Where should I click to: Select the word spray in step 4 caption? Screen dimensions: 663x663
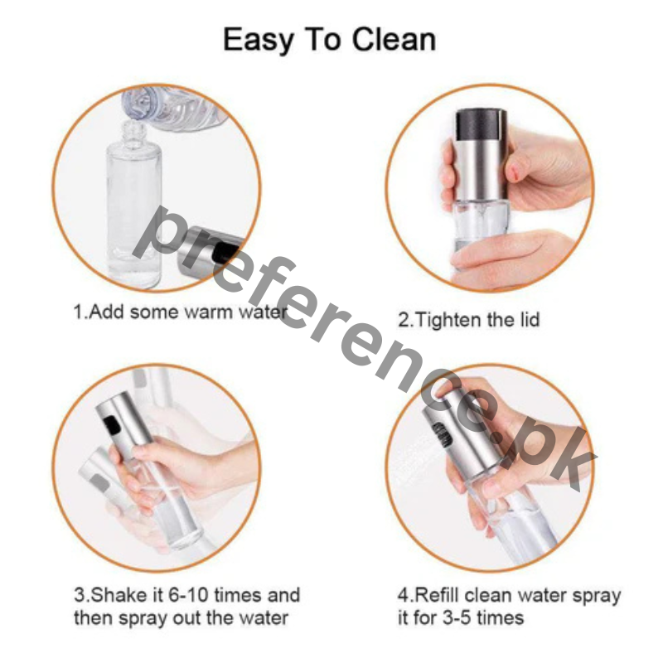(x=596, y=595)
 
